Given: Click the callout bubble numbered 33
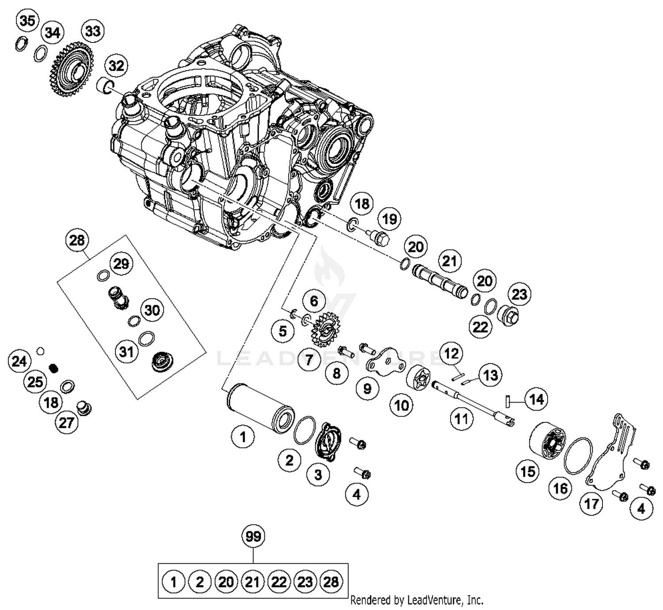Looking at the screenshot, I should click(x=92, y=31).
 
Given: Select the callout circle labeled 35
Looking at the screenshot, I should click(x=27, y=20).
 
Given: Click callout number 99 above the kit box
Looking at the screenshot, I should click(x=253, y=537).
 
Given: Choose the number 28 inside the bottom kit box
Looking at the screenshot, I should click(x=331, y=582).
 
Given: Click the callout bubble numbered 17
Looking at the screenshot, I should click(x=591, y=503).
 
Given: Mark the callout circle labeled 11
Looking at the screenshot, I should click(x=461, y=418).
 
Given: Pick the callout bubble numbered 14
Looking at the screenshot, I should click(x=536, y=400).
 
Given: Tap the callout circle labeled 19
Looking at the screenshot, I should click(x=389, y=219).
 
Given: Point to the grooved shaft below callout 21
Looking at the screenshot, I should click(x=439, y=280).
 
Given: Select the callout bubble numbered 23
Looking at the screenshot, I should click(x=519, y=294).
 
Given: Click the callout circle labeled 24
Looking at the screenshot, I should click(x=19, y=361).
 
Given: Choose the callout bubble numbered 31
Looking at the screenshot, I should click(x=126, y=352).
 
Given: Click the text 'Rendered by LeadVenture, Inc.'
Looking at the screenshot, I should click(x=416, y=600).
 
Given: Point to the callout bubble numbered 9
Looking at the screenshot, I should click(x=367, y=389).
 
